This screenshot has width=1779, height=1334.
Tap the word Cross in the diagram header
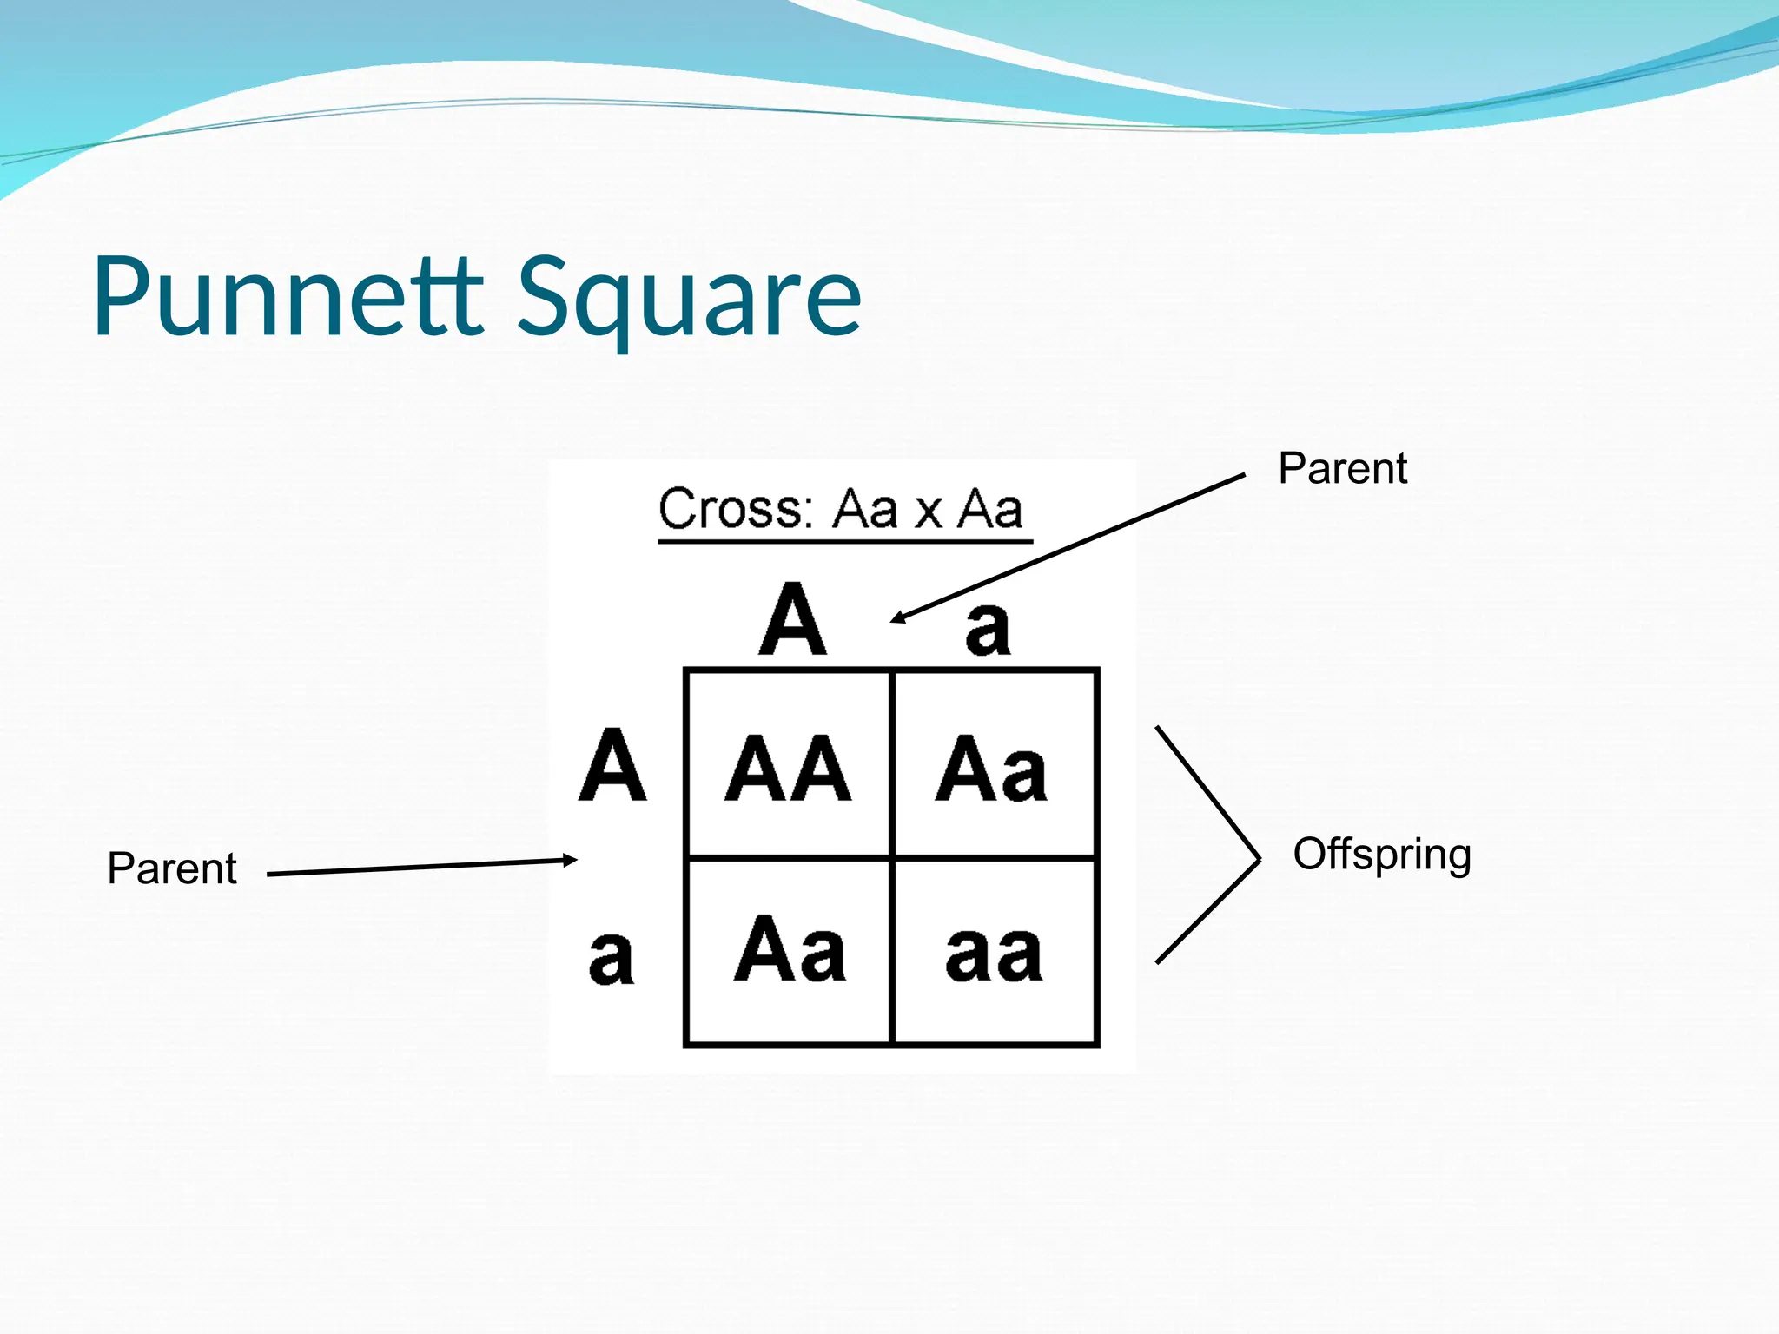tap(735, 509)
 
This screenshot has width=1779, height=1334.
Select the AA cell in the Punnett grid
tap(788, 768)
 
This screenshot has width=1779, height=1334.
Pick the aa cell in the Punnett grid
tap(994, 954)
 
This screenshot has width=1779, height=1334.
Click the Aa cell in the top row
tap(991, 768)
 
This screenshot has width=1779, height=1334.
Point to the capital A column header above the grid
tap(792, 620)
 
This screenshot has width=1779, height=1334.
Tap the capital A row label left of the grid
tap(612, 765)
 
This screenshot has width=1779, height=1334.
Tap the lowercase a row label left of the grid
tap(611, 956)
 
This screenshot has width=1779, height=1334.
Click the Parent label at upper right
tap(1342, 469)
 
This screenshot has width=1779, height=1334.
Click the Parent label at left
tap(172, 868)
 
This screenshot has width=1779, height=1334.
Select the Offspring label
tap(1381, 855)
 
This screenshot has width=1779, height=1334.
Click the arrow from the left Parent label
tap(421, 867)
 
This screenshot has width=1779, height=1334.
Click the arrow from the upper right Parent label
tap(1068, 547)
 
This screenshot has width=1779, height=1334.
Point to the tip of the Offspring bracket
tap(1258, 859)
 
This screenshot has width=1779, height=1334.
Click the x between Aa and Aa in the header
tap(929, 512)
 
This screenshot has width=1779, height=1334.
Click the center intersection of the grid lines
tap(892, 858)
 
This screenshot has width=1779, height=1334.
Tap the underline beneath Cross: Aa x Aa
tap(844, 542)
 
